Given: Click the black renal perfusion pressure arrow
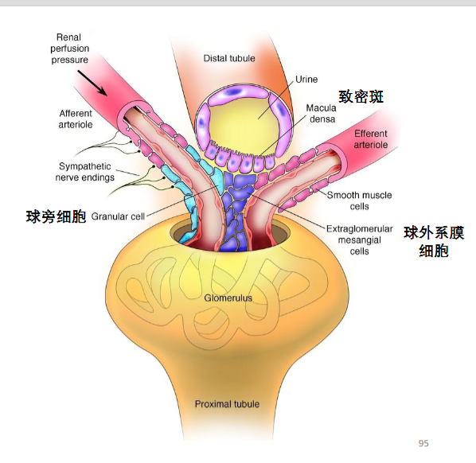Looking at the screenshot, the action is coord(92,83).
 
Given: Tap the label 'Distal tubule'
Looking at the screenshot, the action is coord(229,58).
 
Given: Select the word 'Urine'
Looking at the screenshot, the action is coord(306,80).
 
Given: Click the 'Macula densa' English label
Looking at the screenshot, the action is coord(321,114).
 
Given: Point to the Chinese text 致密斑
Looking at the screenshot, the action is coord(361,97).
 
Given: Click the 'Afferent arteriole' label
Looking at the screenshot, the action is coord(76,119).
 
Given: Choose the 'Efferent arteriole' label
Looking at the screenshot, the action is coord(371,139).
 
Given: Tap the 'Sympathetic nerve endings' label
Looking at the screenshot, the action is coord(85,172).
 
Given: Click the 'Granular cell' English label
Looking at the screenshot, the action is coord(118,216).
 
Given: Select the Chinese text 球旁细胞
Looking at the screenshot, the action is coord(57,216).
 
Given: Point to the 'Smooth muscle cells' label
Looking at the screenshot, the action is coord(360,200).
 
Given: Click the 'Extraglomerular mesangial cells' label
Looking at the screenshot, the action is coord(360,239).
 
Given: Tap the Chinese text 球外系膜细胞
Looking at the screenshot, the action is coord(434,242).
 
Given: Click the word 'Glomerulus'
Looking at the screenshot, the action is coord(228,298).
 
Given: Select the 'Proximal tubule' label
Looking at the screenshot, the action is coord(227,404).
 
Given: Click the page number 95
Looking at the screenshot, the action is coord(423,443).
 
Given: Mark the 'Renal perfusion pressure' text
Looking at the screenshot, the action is coord(69,49).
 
